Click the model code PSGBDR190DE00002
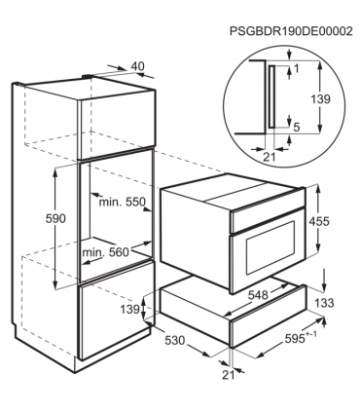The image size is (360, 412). tap(291, 31)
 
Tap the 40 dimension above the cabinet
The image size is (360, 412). tap(137, 66)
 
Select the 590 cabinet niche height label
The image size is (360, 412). tap(55, 219)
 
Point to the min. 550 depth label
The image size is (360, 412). tap(123, 202)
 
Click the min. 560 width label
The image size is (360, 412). tap(106, 252)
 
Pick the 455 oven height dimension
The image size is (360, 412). tap(319, 221)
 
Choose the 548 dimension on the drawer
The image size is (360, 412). tap(259, 295)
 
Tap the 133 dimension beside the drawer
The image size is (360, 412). tap(324, 303)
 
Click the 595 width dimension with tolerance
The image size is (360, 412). tap(299, 338)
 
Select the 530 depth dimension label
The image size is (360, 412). tap(174, 341)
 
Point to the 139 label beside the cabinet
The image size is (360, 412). tap(130, 310)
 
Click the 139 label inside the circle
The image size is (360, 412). tap(320, 99)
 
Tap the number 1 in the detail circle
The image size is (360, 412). tap(296, 68)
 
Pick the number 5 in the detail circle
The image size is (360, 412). tap(296, 128)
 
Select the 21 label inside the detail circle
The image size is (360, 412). tap(269, 157)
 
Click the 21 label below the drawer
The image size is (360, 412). tap(229, 375)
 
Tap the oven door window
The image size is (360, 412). tap(270, 246)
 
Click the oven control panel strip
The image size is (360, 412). tap(268, 218)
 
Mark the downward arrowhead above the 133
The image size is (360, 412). tap(324, 288)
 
